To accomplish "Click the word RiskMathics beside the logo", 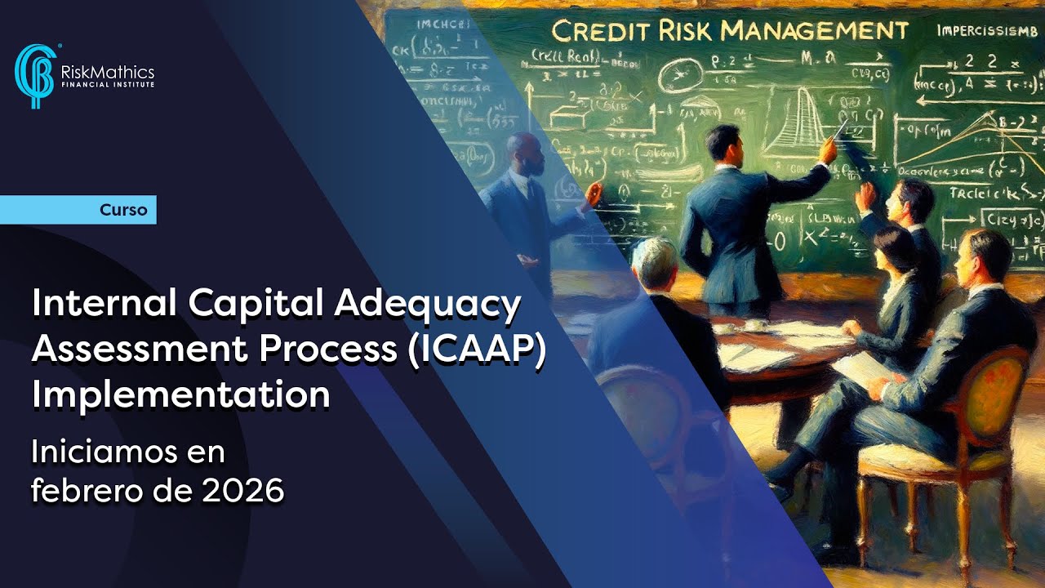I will pyautogui.click(x=107, y=73).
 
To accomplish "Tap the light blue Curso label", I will pyautogui.click(x=123, y=210).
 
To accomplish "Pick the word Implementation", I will pyautogui.click(x=181, y=394).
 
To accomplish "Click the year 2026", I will pyautogui.click(x=245, y=490).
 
